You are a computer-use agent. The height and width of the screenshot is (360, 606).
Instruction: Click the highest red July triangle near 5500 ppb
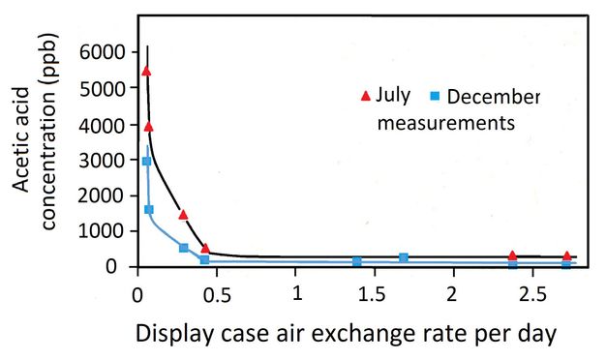point(146,71)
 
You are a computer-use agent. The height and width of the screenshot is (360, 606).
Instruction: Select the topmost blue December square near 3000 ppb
point(146,161)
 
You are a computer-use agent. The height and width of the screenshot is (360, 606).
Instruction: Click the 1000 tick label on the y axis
point(102,230)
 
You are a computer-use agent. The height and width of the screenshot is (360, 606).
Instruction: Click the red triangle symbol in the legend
point(365,95)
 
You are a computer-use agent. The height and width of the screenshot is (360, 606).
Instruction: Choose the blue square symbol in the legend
point(435,95)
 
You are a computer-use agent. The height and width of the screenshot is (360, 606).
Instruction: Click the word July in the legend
point(394,96)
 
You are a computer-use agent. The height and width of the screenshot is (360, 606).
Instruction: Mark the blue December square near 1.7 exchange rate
point(404,257)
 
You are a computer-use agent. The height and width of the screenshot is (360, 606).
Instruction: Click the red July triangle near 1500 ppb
point(183,214)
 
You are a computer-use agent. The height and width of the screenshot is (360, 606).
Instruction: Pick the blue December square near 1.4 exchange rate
point(356,261)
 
